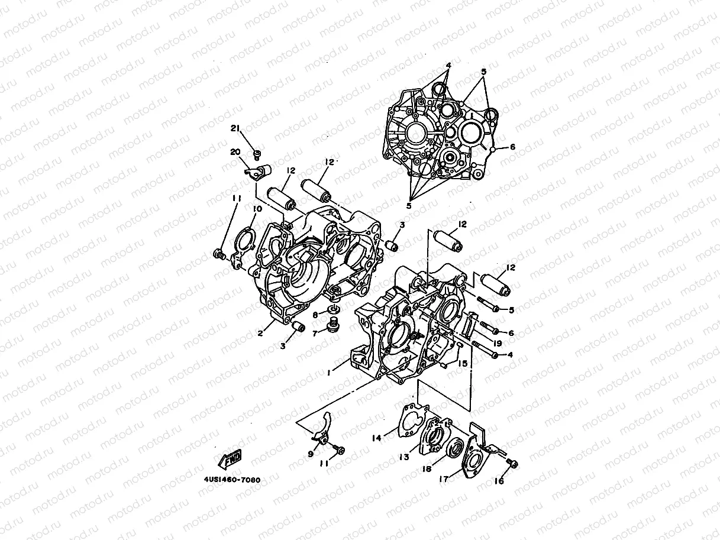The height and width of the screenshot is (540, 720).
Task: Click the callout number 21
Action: [235, 129]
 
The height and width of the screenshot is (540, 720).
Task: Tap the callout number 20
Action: [235, 151]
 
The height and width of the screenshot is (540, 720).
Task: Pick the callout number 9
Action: [311, 454]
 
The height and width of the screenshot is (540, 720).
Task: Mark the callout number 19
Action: [497, 343]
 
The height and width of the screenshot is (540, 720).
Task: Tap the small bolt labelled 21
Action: [258, 155]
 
